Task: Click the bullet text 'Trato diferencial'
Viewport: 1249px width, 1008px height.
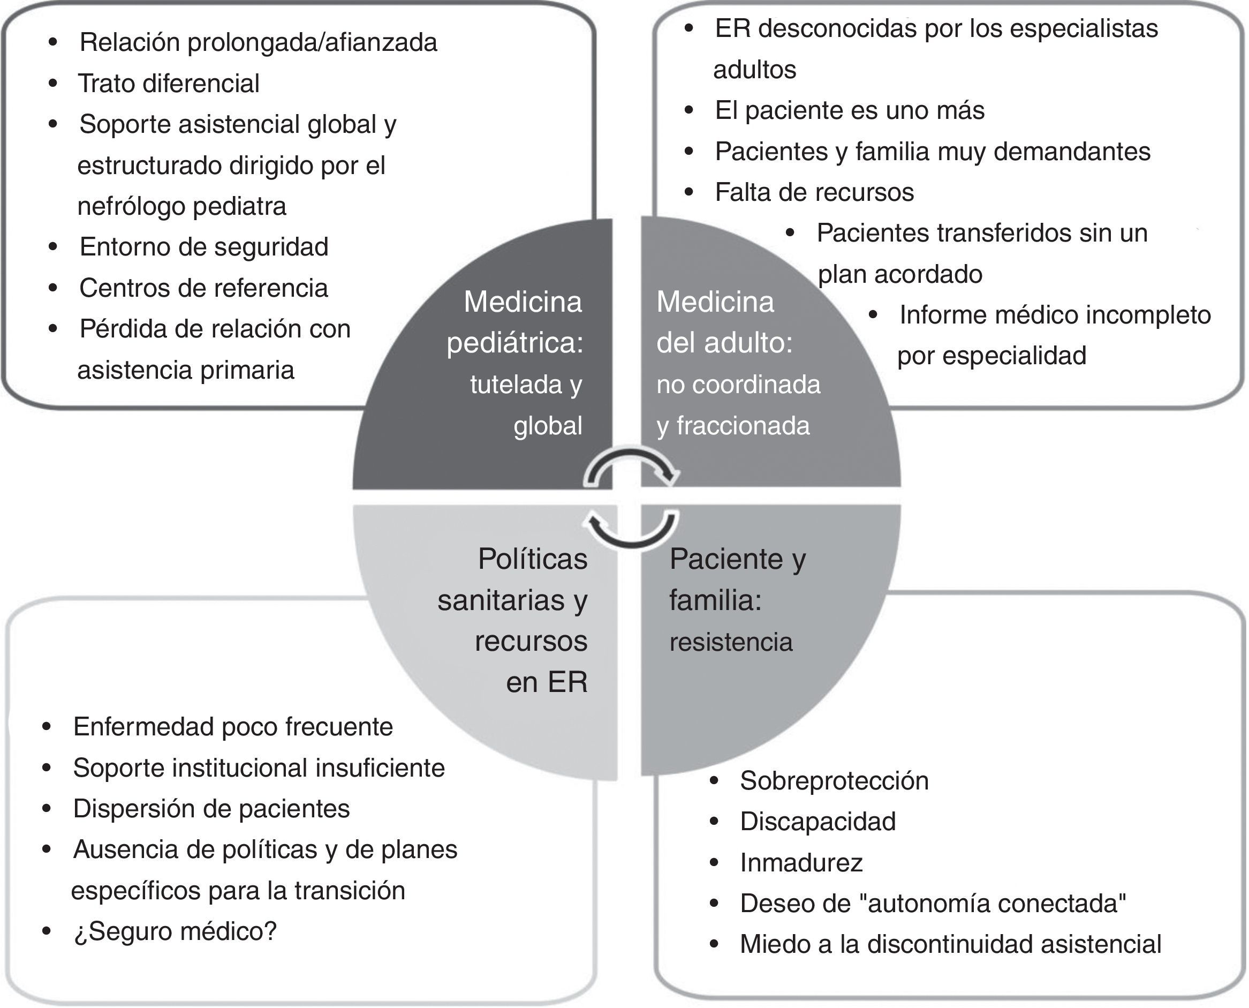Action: pyautogui.click(x=168, y=84)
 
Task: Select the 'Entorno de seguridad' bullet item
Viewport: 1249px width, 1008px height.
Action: pyautogui.click(x=204, y=247)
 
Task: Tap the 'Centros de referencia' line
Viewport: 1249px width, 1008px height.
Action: pyautogui.click(x=204, y=288)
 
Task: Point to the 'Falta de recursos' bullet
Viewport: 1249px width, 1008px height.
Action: pyautogui.click(x=814, y=192)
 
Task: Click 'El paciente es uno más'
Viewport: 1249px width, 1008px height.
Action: pyautogui.click(x=849, y=110)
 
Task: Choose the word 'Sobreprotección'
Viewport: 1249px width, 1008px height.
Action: pyautogui.click(x=834, y=781)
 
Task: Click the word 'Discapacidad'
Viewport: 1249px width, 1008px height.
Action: pyautogui.click(x=818, y=822)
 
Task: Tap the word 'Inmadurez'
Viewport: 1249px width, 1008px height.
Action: pyautogui.click(x=801, y=863)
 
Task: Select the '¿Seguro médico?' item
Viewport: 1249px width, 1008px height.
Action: pyautogui.click(x=175, y=931)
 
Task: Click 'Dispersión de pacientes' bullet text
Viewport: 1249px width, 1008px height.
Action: pyautogui.click(x=211, y=809)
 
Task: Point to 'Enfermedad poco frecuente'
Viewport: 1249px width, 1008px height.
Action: pyautogui.click(x=233, y=727)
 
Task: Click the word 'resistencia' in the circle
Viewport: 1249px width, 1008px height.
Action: pyautogui.click(x=731, y=643)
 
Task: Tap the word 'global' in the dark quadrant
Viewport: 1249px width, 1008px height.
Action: pyautogui.click(x=547, y=426)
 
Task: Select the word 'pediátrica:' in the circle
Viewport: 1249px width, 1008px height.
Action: pyautogui.click(x=515, y=343)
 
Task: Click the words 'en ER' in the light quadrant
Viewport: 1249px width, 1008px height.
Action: pyautogui.click(x=547, y=682)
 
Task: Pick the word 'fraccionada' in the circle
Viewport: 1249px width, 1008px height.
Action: pyautogui.click(x=743, y=426)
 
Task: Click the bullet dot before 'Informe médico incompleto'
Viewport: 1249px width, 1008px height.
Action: pyautogui.click(x=873, y=315)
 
